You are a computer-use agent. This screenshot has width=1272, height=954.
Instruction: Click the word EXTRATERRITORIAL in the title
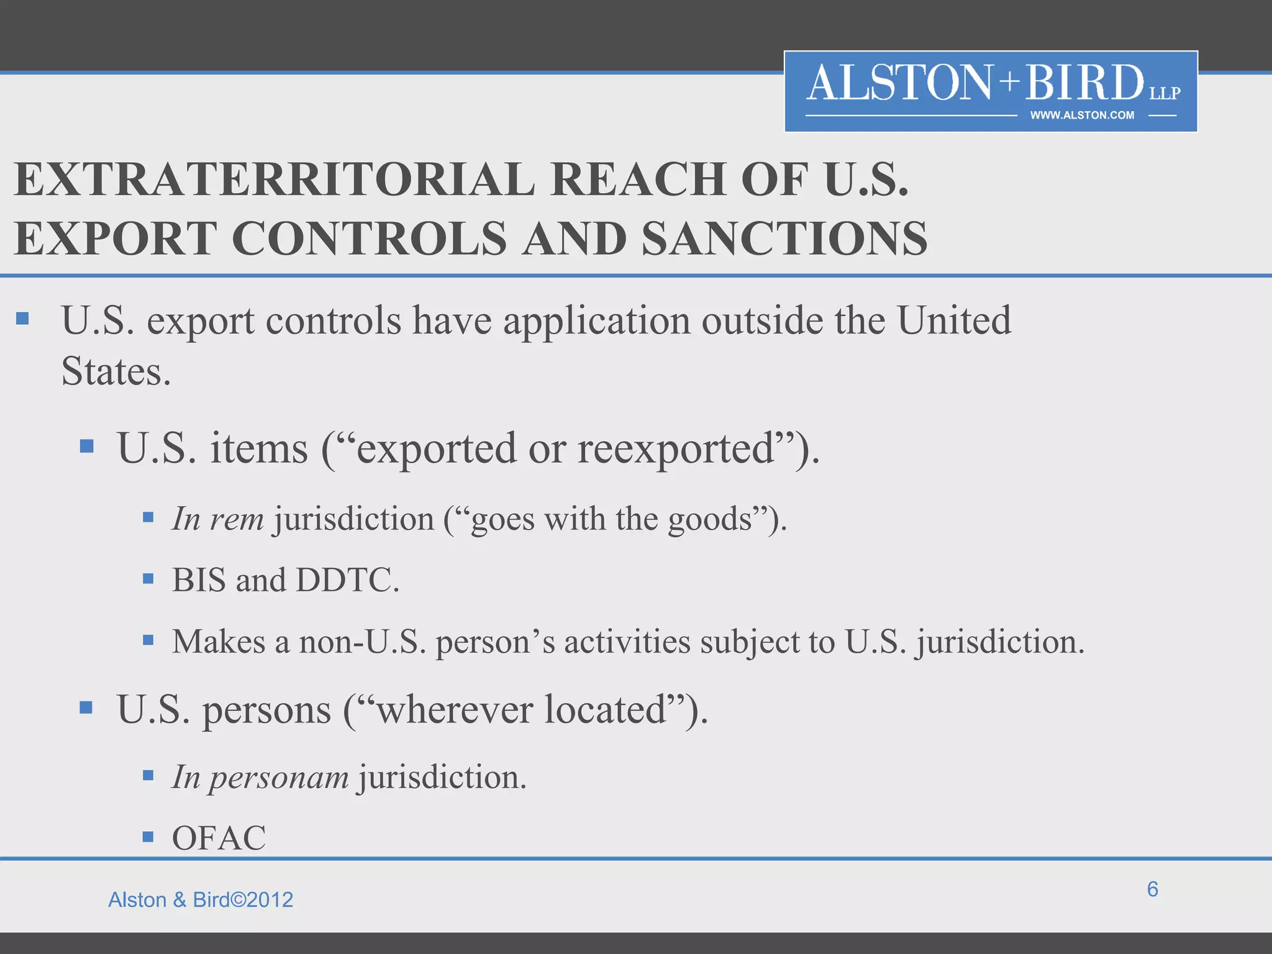pos(274,179)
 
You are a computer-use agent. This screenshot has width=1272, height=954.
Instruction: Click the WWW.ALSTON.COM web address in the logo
pos(1082,116)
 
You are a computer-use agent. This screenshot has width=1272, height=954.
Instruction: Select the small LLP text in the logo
pos(1165,94)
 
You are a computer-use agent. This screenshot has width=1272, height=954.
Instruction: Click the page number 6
pos(1152,889)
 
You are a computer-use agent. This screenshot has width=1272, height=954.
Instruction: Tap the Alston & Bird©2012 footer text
pos(201,900)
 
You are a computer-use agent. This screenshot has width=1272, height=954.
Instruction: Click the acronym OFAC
pos(219,838)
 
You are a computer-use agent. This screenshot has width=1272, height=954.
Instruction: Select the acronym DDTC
pos(347,580)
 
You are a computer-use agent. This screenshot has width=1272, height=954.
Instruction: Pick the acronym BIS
pos(198,580)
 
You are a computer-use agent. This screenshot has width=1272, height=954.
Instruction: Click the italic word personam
pos(278,778)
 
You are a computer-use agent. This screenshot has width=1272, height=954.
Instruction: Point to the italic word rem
pos(237,519)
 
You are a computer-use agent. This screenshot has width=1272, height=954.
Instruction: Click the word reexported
pos(676,448)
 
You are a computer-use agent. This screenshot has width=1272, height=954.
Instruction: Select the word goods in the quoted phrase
pos(710,519)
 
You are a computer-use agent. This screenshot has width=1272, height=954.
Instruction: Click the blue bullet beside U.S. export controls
pos(23,319)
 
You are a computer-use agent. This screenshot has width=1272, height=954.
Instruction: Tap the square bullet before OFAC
pos(148,837)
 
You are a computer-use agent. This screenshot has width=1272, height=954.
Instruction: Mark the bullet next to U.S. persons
pos(86,707)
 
